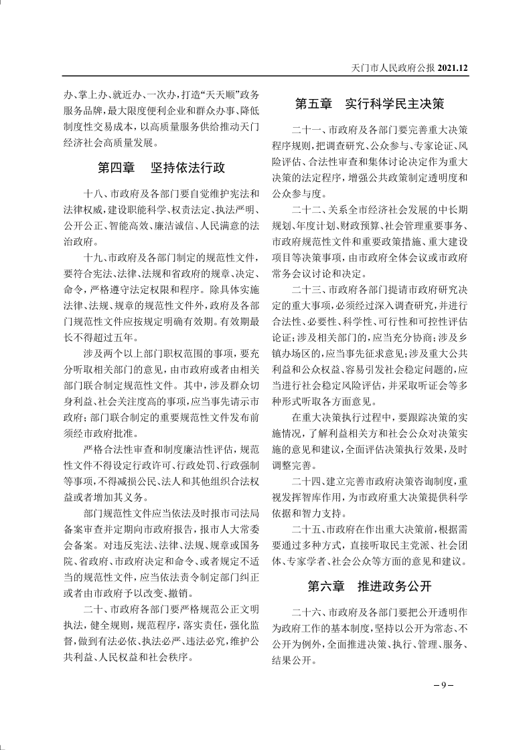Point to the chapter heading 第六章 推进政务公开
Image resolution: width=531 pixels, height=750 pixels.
[370, 586]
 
